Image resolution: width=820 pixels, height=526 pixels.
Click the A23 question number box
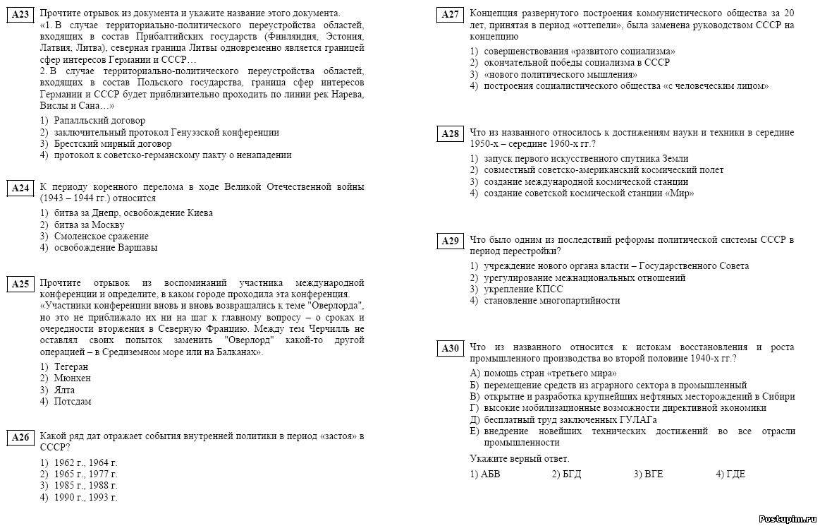pyautogui.click(x=20, y=15)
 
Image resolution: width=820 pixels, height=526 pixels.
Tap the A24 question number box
pyautogui.click(x=20, y=188)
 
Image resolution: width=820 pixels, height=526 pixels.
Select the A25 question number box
pyautogui.click(x=20, y=284)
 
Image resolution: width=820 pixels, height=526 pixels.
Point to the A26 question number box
pyautogui.click(x=20, y=438)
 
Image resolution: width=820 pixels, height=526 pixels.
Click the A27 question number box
pyautogui.click(x=450, y=15)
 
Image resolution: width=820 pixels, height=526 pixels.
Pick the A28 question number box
pyautogui.click(x=450, y=134)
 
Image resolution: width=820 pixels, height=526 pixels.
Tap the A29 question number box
pyautogui.click(x=450, y=241)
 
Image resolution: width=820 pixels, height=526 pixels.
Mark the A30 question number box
pyautogui.click(x=450, y=349)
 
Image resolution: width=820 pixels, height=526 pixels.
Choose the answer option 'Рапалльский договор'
pyautogui.click(x=99, y=121)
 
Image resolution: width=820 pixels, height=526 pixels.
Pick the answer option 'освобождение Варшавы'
pyautogui.click(x=105, y=248)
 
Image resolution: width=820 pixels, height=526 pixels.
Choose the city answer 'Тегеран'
pyautogui.click(x=71, y=367)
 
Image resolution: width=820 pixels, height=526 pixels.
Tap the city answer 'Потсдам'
pyautogui.click(x=72, y=402)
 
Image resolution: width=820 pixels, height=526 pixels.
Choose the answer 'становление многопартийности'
pyautogui.click(x=551, y=301)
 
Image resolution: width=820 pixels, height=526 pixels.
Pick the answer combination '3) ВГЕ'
pyautogui.click(x=648, y=474)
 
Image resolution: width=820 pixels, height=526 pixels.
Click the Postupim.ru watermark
pyautogui.click(x=787, y=518)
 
